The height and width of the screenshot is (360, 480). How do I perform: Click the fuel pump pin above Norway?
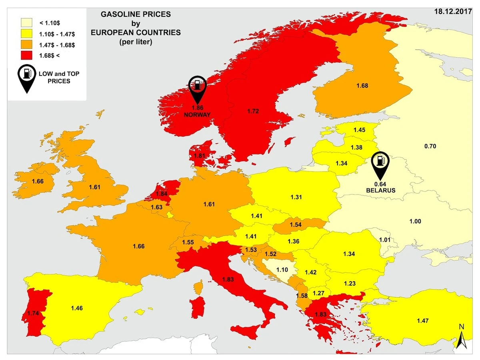(x=197, y=88)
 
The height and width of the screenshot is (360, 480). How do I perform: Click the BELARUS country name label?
(x=380, y=190)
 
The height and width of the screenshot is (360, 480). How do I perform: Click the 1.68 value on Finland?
(x=362, y=86)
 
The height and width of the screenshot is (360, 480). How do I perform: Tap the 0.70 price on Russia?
(x=430, y=146)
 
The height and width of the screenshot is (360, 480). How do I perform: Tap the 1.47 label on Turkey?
(x=423, y=320)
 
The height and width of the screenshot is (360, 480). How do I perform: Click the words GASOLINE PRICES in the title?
(x=136, y=14)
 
